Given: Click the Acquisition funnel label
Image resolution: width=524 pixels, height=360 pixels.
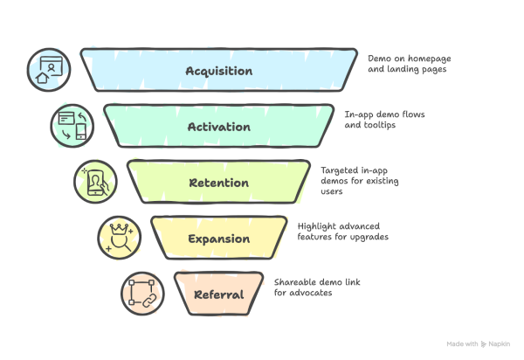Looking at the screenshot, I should pos(218,71).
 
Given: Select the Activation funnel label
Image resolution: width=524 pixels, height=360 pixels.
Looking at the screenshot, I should pos(218,127).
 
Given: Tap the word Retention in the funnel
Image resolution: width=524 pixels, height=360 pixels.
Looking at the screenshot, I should pos(218,183).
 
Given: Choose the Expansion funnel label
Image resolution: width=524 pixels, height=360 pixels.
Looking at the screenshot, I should pos(218,239).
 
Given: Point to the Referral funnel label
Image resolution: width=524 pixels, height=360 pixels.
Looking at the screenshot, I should pos(218,294).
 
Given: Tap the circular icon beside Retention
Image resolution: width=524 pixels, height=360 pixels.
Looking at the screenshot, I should pos(95,182).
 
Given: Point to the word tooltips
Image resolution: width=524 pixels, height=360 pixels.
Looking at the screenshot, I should pos(382,125).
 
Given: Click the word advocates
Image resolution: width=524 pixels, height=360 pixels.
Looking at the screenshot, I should pos(314,293).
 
